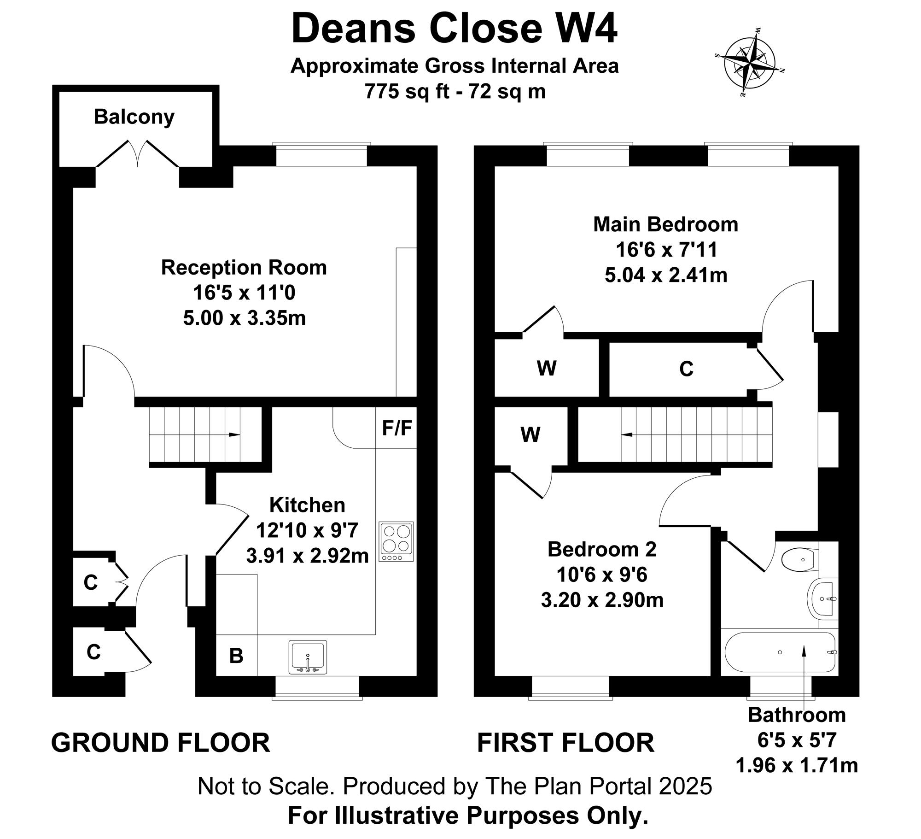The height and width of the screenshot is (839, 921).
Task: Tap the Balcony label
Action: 134,117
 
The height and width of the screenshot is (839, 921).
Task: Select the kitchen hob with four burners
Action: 396,541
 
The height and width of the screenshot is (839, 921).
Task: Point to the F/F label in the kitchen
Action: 397,428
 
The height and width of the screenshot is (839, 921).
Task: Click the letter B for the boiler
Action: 236,656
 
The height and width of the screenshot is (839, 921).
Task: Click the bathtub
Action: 780,652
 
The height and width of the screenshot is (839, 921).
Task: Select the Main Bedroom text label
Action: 665,224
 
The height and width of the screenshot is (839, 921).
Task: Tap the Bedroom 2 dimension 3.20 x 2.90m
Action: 602,600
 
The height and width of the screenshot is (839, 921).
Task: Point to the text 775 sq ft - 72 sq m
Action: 455,91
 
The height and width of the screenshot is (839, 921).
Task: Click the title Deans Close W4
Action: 454,29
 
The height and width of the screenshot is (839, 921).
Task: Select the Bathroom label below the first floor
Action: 797,715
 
